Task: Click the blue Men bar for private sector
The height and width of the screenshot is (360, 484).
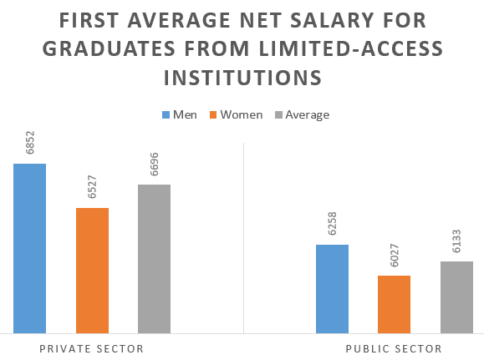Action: pyautogui.click(x=29, y=249)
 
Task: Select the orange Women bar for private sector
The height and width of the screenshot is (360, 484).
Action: pyautogui.click(x=92, y=271)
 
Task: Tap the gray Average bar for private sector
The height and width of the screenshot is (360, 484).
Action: pyautogui.click(x=154, y=259)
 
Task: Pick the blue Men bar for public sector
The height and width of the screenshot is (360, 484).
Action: pyautogui.click(x=332, y=289)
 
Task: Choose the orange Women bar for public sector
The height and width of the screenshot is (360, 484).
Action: pyautogui.click(x=394, y=305)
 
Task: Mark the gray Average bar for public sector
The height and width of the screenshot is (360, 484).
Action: pyautogui.click(x=456, y=297)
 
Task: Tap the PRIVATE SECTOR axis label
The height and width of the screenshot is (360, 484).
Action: pyautogui.click(x=92, y=348)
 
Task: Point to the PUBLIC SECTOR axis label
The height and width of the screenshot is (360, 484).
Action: pyautogui.click(x=394, y=348)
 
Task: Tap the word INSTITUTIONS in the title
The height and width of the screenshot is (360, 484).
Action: pyautogui.click(x=242, y=78)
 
